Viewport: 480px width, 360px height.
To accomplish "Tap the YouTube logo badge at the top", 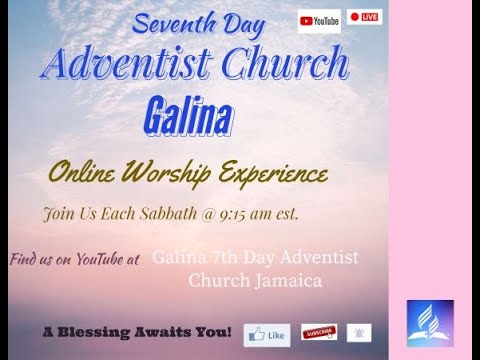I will point(319,19).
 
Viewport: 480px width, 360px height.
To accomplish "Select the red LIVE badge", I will point(364,18).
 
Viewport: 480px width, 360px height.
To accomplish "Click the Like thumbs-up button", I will point(267,334).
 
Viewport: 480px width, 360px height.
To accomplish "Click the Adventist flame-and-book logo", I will point(429,323).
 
